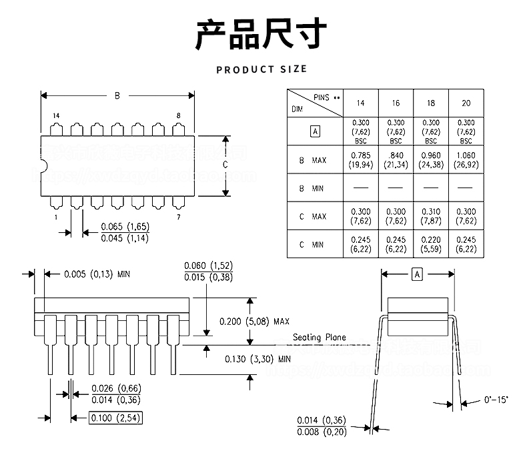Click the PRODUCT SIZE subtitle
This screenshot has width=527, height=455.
pyautogui.click(x=261, y=69)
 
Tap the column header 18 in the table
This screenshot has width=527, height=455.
pyautogui.click(x=431, y=103)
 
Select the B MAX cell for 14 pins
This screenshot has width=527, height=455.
pyautogui.click(x=360, y=160)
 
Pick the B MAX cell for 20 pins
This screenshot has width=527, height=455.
pyautogui.click(x=466, y=160)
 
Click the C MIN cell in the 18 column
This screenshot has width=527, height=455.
pyautogui.click(x=431, y=244)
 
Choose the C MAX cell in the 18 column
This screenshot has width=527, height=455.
pyautogui.click(x=431, y=216)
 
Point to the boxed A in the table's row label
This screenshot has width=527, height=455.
pyautogui.click(x=315, y=131)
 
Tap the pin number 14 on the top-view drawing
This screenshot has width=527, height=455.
pyautogui.click(x=56, y=115)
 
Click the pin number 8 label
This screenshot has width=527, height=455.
pyautogui.click(x=178, y=115)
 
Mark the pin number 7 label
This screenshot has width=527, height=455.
pyautogui.click(x=178, y=217)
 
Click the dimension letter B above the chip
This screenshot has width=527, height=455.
pyautogui.click(x=117, y=95)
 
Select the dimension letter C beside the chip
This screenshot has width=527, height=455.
pyautogui.click(x=225, y=165)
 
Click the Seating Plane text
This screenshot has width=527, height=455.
pyautogui.click(x=320, y=338)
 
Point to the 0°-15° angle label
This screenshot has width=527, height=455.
pyautogui.click(x=496, y=400)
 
